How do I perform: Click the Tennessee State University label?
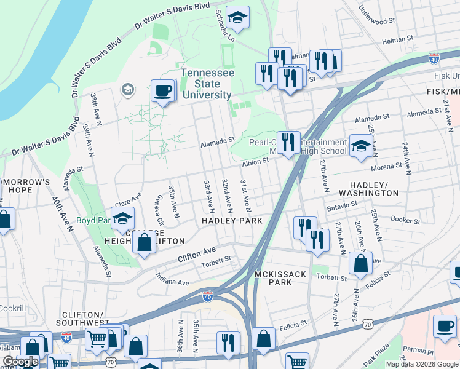(207, 84)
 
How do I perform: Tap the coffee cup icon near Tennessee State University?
(162, 91)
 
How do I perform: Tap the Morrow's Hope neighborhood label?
(25, 186)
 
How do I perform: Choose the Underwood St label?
(376, 17)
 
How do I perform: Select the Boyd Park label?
(93, 220)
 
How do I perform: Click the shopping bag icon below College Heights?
(144, 242)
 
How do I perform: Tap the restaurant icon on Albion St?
(288, 143)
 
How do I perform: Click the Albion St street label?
(255, 161)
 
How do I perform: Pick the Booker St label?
(405, 220)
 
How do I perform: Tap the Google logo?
(20, 362)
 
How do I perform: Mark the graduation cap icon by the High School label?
(360, 146)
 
